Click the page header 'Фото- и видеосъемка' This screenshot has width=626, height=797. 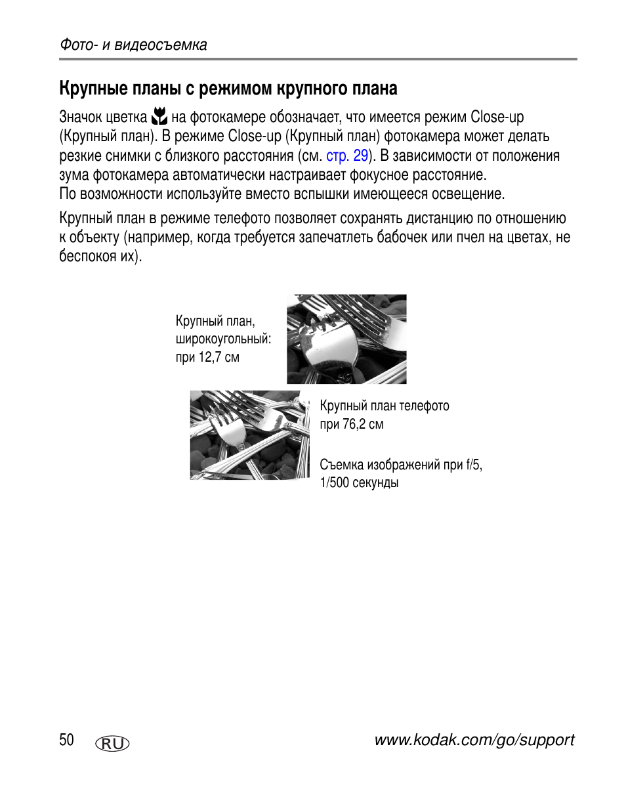tap(133, 45)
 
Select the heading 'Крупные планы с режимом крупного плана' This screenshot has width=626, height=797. tap(228, 88)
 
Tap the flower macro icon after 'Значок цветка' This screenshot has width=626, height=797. tap(159, 118)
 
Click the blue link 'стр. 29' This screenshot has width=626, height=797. tap(346, 156)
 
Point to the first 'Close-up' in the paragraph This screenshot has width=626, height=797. tap(497, 118)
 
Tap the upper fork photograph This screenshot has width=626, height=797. tap(346, 339)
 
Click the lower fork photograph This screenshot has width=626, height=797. tap(249, 435)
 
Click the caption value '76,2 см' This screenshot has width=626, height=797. tap(363, 424)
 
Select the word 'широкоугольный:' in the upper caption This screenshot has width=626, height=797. tap(223, 339)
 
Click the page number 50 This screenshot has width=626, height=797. tap(66, 741)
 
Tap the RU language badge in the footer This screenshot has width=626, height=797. tap(112, 743)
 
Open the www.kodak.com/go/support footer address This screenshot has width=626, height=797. tap(474, 741)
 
